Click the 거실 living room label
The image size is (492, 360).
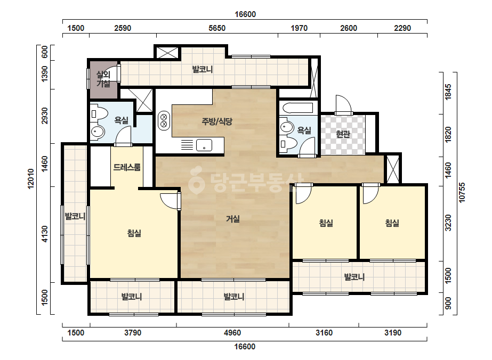(233, 218)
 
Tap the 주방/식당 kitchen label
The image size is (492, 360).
(217, 121)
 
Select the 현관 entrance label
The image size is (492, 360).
(343, 134)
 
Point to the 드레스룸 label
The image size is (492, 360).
(127, 167)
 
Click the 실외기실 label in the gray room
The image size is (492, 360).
(103, 79)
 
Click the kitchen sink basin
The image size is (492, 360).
(204, 145)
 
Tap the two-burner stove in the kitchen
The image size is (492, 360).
(164, 121)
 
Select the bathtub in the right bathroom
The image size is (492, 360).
(298, 108)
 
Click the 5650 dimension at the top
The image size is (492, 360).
(217, 28)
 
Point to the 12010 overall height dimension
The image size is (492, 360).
(31, 179)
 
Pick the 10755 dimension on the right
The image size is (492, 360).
(462, 193)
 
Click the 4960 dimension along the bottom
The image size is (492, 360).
(232, 333)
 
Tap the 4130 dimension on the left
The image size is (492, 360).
(45, 234)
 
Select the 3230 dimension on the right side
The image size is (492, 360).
(448, 223)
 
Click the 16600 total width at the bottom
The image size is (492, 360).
(245, 347)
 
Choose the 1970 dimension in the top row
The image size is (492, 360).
(299, 28)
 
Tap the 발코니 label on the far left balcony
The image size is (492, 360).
(75, 216)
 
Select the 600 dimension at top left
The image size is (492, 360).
(45, 52)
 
